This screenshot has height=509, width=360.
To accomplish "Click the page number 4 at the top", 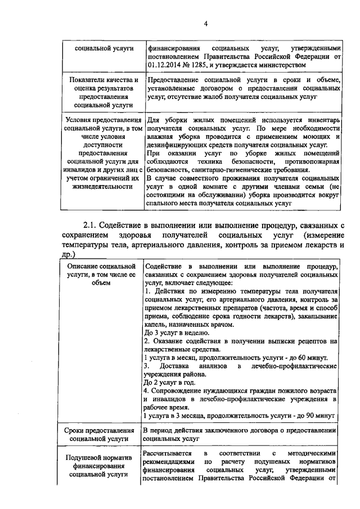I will click(x=206, y=23).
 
